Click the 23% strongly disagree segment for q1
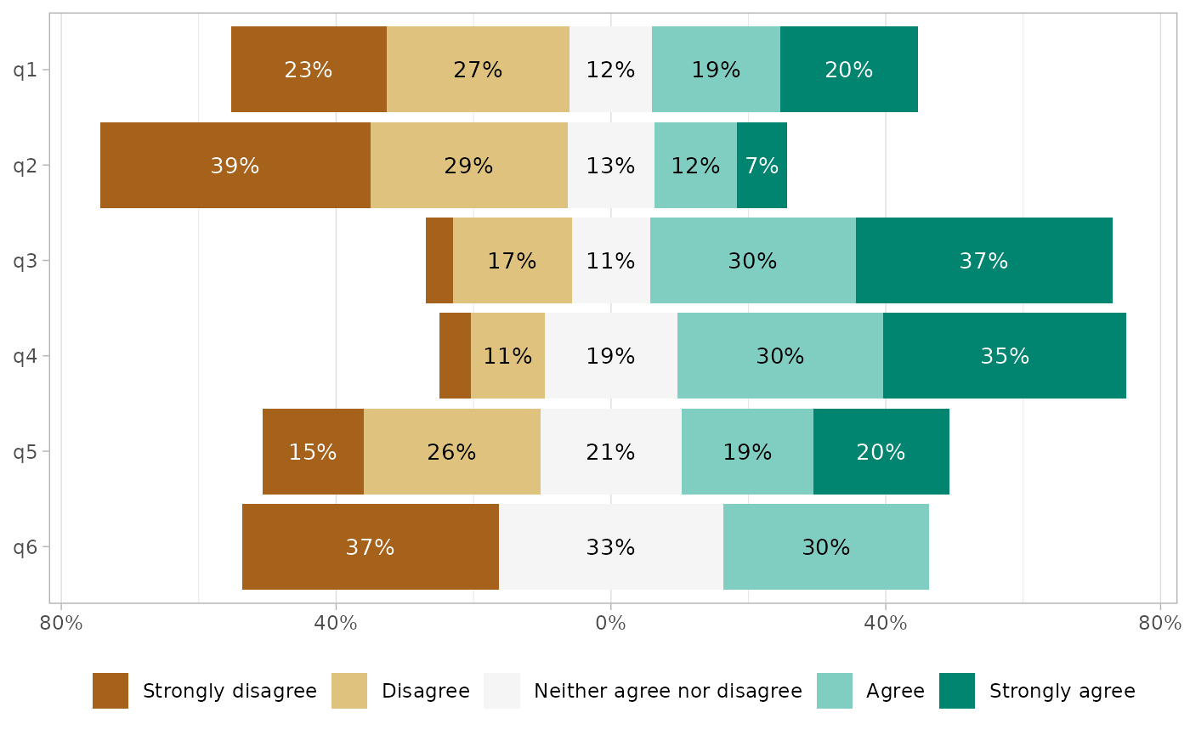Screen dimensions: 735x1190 pyautogui.click(x=309, y=70)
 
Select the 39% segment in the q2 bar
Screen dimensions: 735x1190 pyautogui.click(x=235, y=166)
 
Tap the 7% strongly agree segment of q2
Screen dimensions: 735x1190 pyautogui.click(x=762, y=166)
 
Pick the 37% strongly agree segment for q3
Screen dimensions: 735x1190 pyautogui.click(x=983, y=261)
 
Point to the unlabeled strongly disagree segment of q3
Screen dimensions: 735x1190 pyautogui.click(x=439, y=261)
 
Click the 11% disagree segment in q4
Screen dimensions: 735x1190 pyautogui.click(x=507, y=356)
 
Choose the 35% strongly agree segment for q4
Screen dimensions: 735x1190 pyautogui.click(x=1005, y=356)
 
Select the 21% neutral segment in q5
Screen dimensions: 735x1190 pyautogui.click(x=610, y=452)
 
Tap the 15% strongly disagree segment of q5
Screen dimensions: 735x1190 pyautogui.click(x=313, y=452)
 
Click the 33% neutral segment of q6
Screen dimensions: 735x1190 pyautogui.click(x=610, y=547)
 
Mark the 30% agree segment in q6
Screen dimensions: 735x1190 pyautogui.click(x=825, y=547)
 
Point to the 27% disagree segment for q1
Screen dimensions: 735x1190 pyautogui.click(x=478, y=70)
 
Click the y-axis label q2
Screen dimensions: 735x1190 pyautogui.click(x=25, y=166)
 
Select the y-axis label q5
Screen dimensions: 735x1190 pyautogui.click(x=25, y=452)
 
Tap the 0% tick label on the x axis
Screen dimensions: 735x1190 pyautogui.click(x=610, y=624)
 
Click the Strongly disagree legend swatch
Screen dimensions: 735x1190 pyautogui.click(x=110, y=691)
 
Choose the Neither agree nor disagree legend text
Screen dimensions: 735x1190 pyautogui.click(x=667, y=691)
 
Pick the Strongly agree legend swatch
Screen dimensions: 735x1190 pyautogui.click(x=957, y=691)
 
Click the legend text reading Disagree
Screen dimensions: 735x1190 pyautogui.click(x=425, y=691)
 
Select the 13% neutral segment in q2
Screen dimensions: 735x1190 pyautogui.click(x=610, y=166)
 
